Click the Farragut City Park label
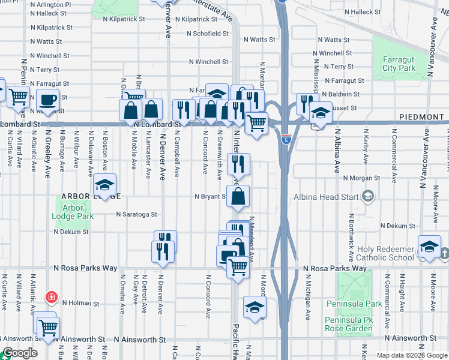(398, 64)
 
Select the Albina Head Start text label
(325, 197)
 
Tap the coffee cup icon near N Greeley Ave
(47, 99)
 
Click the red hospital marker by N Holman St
(52, 297)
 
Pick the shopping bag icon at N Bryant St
(238, 196)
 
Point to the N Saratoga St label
(136, 214)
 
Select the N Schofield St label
(212, 34)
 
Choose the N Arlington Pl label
(51, 4)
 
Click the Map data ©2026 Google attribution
(411, 355)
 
